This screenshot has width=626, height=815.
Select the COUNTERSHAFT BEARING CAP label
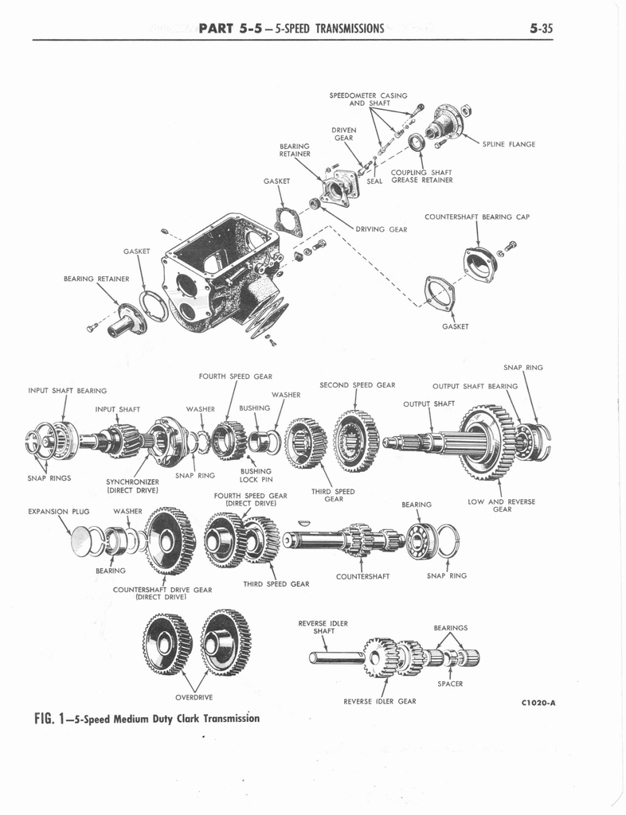tap(476, 216)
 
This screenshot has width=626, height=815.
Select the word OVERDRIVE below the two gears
tap(194, 697)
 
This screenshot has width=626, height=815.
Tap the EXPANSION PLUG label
tap(59, 511)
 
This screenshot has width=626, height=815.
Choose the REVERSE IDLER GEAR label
tap(380, 701)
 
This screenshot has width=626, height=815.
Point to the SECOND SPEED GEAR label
tap(357, 385)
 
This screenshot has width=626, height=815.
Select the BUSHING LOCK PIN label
tap(256, 475)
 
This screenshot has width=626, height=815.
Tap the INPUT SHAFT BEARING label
tap(67, 391)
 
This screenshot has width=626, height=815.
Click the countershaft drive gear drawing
tap(170, 542)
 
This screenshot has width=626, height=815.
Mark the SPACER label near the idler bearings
tap(450, 683)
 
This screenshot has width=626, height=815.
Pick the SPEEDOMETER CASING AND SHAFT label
tap(368, 99)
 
